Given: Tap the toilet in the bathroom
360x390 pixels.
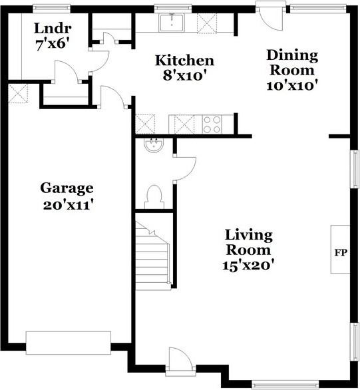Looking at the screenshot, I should [154, 196].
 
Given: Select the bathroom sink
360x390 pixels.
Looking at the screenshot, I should [152, 146].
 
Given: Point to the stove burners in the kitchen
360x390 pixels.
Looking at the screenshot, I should [212, 124].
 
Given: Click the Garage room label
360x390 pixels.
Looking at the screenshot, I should [67, 188].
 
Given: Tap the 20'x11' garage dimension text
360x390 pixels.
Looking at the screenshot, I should [67, 205].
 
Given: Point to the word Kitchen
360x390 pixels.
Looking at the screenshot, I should [184, 61].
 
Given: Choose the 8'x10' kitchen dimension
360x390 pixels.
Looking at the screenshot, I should [182, 77].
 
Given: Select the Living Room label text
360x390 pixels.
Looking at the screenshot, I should [248, 242].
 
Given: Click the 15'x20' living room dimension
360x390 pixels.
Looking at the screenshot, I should [248, 266].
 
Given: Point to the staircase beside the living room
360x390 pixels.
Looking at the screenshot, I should [154, 254].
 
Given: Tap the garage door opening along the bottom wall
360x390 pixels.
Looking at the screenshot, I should [69, 342].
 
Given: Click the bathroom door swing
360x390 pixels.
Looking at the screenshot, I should [184, 166].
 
